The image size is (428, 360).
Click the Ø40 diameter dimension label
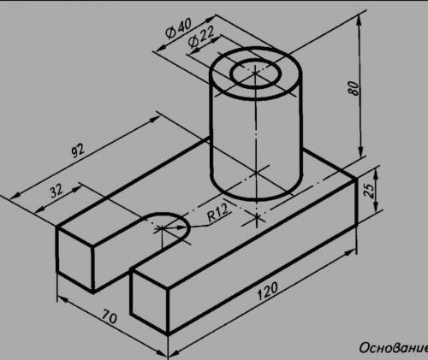[179, 29]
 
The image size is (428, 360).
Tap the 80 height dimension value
[353, 88]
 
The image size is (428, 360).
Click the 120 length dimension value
[267, 291]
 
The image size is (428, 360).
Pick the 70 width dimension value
[110, 316]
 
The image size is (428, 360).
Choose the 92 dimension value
[78, 150]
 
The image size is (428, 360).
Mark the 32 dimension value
[56, 191]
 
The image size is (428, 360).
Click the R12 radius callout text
[217, 214]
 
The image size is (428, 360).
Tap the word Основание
[394, 348]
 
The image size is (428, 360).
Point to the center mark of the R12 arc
[162, 228]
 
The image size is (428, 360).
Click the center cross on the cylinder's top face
[255, 74]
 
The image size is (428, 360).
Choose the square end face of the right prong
[149, 301]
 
